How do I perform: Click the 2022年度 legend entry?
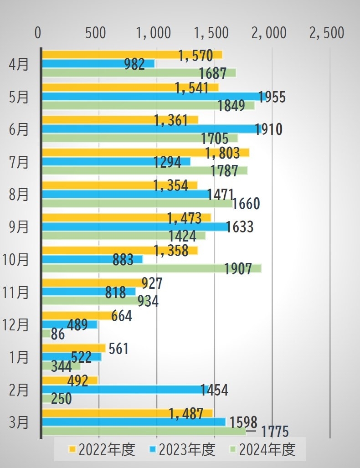[102, 450]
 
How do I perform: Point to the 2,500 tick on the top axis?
[327, 33]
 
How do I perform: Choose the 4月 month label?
[19, 64]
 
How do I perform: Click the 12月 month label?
[15, 324]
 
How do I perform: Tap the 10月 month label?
[15, 259]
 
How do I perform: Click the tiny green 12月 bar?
[46, 334]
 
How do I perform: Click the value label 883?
[123, 260]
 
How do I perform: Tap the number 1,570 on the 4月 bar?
[196, 56]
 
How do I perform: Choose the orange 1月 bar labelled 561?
[73, 348]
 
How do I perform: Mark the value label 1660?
[246, 204]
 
